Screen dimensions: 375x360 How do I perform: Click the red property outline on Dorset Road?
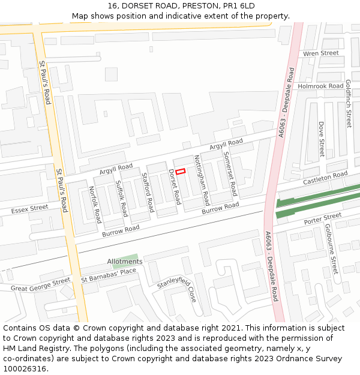tap(180, 172)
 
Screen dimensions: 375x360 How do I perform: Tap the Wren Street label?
tap(321, 53)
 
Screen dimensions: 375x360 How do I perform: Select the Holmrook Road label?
tap(321, 86)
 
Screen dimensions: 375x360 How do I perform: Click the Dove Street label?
tap(322, 139)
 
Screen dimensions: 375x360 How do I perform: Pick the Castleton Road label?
tap(325, 178)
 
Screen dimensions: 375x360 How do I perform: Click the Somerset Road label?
tap(230, 174)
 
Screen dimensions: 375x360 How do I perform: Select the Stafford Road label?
tap(148, 192)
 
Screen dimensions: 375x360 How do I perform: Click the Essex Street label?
tap(29, 209)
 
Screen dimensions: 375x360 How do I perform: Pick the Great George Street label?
tap(40, 284)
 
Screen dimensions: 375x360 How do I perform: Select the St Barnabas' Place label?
tap(109, 275)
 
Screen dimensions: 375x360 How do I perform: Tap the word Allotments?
tap(125, 262)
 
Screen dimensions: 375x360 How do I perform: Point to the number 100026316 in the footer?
tap(24, 368)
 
